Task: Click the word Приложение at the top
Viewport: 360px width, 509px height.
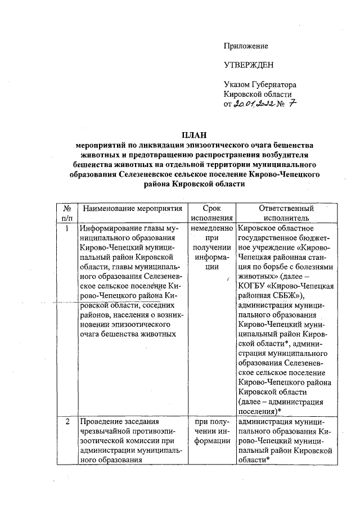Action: (x=246, y=46)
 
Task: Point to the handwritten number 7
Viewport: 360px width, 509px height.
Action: (x=292, y=103)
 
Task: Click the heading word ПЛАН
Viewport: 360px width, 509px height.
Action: (x=193, y=134)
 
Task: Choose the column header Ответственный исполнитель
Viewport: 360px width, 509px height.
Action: (x=286, y=213)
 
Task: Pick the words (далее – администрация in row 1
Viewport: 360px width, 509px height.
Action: (x=280, y=403)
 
